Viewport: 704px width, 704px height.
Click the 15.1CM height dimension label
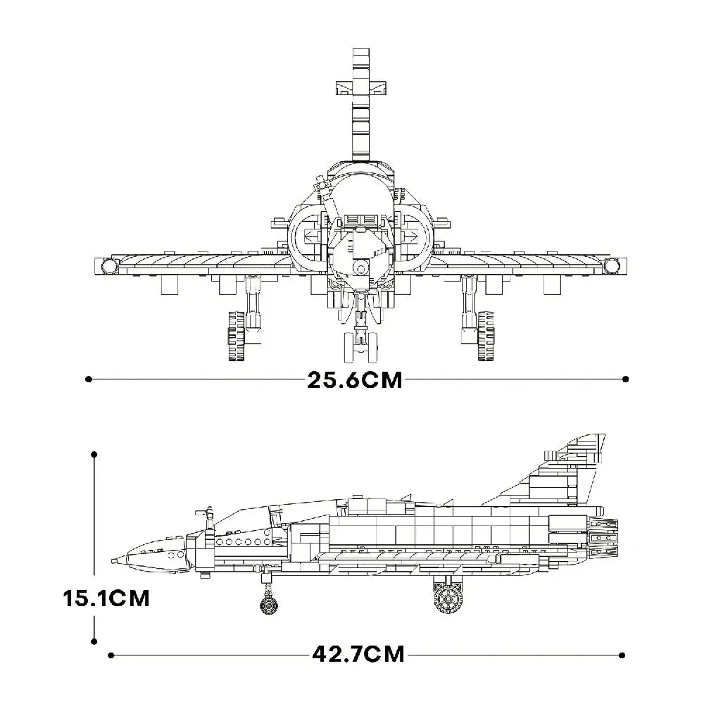point(106,598)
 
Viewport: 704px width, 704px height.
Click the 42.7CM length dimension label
point(358,654)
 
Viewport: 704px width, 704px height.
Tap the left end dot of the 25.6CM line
point(89,379)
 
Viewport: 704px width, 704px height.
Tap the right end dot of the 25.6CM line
point(626,379)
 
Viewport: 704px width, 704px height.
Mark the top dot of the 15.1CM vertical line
point(94,455)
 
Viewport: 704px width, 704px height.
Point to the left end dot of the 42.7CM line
point(111,655)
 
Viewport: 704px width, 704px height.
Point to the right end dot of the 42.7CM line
point(622,655)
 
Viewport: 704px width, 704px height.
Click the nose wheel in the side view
point(268,605)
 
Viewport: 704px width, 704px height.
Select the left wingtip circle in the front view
point(108,265)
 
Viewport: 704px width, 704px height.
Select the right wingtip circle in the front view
point(610,265)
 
